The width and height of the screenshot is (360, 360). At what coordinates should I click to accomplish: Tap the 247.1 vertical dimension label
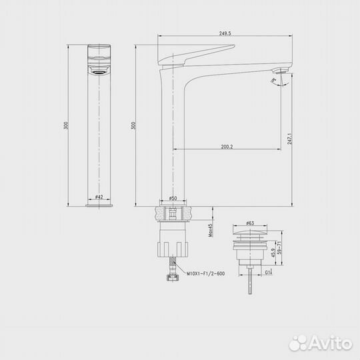pyautogui.click(x=289, y=138)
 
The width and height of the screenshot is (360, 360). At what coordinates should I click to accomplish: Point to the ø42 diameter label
pyautogui.click(x=98, y=197)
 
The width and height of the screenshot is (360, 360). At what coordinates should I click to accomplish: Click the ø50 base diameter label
pyautogui.click(x=173, y=198)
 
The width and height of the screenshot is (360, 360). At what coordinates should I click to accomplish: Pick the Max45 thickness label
pyautogui.click(x=210, y=229)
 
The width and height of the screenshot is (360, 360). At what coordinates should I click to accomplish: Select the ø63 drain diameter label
pyautogui.click(x=250, y=223)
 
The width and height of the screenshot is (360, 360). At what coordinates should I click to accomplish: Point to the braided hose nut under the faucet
pyautogui.click(x=173, y=274)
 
